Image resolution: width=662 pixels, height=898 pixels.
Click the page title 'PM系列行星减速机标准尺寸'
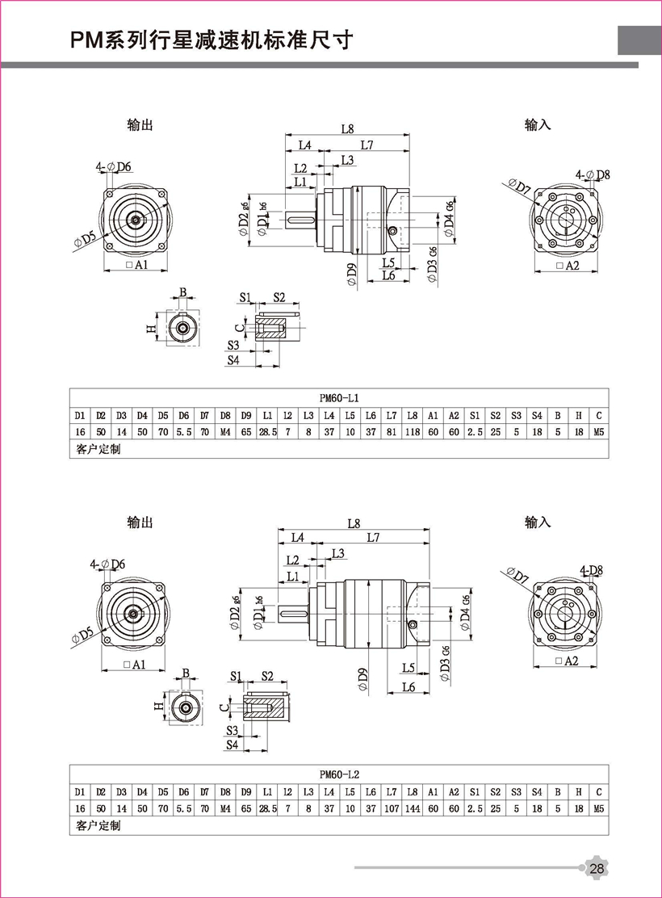point(212,42)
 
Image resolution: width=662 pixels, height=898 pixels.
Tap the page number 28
point(597,869)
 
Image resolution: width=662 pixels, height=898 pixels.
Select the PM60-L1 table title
point(339,398)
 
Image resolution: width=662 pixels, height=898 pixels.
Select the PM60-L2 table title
point(339,774)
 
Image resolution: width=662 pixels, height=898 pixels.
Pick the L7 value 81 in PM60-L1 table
point(391,432)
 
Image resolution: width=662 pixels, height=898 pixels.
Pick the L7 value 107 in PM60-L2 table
point(391,808)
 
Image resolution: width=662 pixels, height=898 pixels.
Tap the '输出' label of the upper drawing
point(140,125)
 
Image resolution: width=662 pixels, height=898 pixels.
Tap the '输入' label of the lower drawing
point(537,522)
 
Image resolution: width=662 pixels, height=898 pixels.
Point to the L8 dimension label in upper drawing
point(347,128)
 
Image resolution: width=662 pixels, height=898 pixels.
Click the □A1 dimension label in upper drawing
point(136,266)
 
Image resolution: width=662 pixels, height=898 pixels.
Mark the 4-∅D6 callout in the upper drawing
point(113,167)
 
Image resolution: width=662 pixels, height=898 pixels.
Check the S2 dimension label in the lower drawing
point(267,675)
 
